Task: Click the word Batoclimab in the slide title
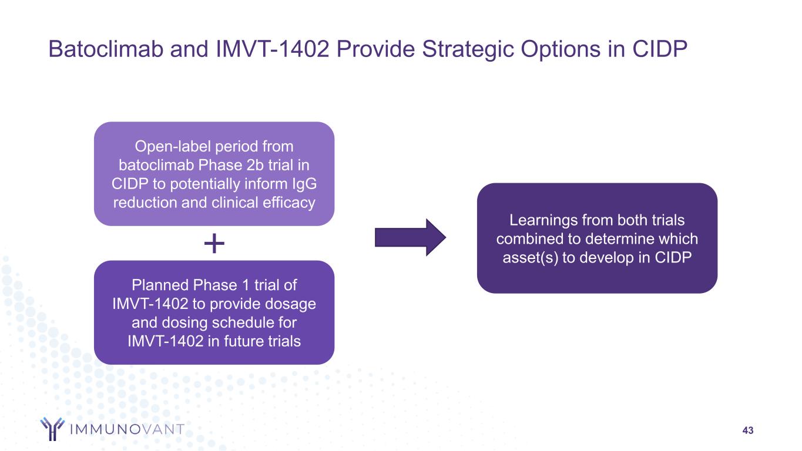coord(106,49)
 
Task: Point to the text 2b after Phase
coord(254,165)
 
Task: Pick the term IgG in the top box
coord(304,184)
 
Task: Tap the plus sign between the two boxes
coord(214,243)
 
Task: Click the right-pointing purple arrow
coord(410,238)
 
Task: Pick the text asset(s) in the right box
coord(531,258)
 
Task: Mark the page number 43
coord(747,430)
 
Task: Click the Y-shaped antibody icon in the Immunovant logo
coord(52,429)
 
